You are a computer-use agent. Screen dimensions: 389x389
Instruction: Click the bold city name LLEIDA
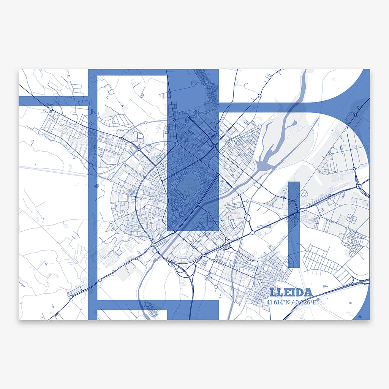tap(302, 293)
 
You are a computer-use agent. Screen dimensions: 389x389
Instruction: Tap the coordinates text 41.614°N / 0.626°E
tap(291, 302)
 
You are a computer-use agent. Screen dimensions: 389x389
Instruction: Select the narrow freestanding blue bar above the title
tap(294, 224)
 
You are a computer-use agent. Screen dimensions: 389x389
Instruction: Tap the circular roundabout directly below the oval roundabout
tap(252, 232)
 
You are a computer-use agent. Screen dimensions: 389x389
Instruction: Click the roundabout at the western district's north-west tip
tap(51, 109)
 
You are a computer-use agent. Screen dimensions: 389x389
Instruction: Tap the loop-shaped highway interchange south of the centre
tap(182, 270)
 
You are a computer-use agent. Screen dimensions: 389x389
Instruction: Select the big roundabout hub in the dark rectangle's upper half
tap(177, 144)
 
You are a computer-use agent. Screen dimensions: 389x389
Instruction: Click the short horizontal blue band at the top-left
tap(53, 101)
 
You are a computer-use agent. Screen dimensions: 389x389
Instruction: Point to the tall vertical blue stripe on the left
tap(93, 190)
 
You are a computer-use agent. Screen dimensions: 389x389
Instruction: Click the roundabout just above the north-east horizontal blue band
tap(260, 95)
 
